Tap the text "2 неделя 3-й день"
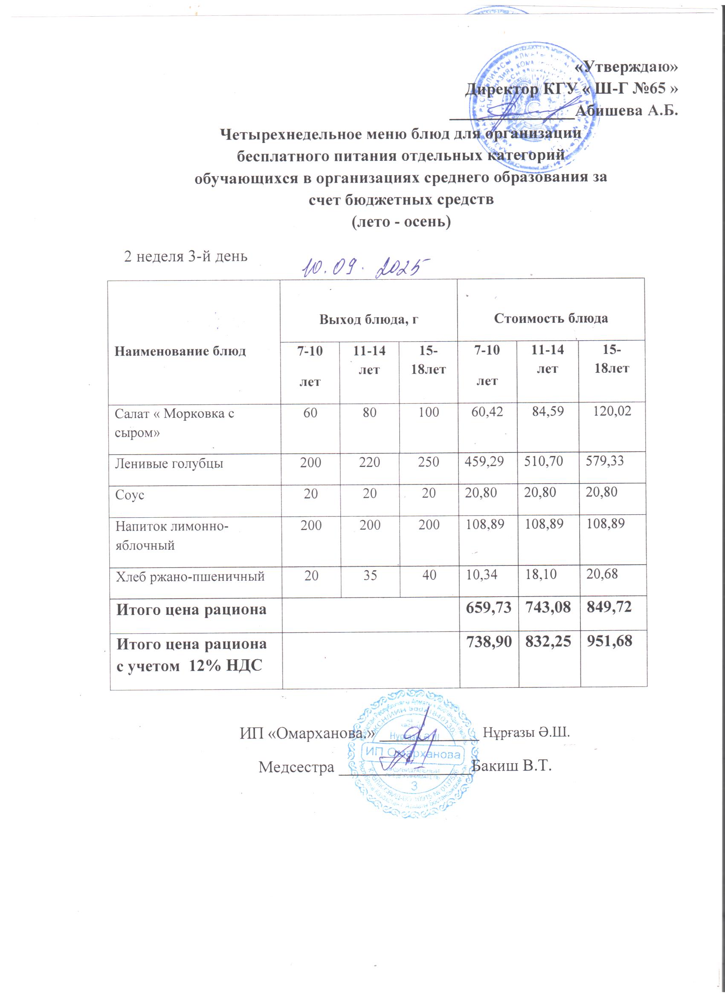tap(186, 256)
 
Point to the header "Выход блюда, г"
tap(368, 319)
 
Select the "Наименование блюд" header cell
tap(180, 351)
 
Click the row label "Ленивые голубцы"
tap(169, 464)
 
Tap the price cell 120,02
tap(612, 411)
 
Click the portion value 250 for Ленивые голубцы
tap(428, 461)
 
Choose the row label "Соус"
tap(130, 495)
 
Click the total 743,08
tap(548, 608)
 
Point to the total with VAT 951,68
tap(610, 641)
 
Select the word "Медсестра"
tap(296, 767)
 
